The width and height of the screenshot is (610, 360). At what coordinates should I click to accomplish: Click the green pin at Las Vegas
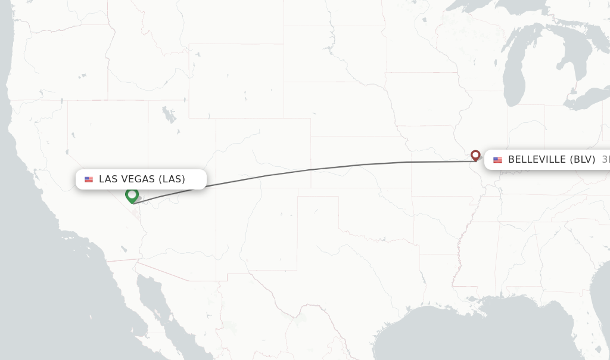pos(132,195)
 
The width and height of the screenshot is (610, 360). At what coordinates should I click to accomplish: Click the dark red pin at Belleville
pos(475,155)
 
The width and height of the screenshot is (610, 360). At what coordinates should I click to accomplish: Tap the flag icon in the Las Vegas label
pos(89,179)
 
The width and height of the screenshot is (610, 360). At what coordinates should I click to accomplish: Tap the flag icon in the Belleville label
pos(497,160)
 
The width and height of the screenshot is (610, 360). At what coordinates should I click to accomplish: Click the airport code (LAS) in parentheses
pos(172,179)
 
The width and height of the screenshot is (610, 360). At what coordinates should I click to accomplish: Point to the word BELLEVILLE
pos(537,160)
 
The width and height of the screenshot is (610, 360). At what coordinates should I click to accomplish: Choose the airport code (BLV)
pos(582,160)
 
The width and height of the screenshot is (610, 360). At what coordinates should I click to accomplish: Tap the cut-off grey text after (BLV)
pos(605,160)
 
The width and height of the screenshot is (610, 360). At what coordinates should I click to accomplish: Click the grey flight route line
pos(310,170)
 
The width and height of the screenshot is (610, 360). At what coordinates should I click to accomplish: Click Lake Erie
pos(587,100)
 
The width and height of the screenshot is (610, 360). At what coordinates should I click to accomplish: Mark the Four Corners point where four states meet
pos(216,188)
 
